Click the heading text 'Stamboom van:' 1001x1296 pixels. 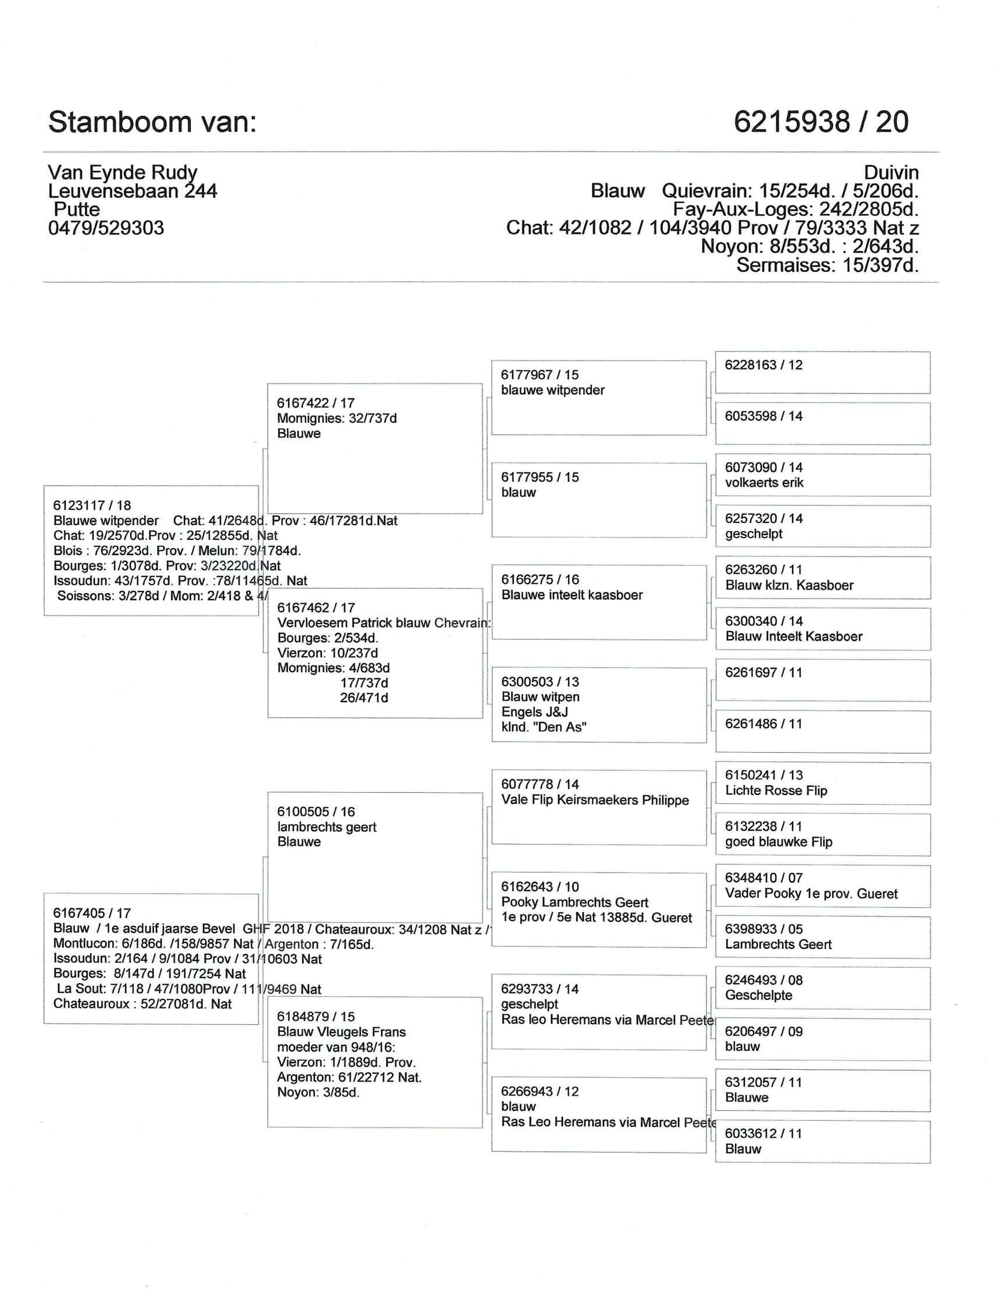pos(152,122)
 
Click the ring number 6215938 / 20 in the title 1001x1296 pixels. pos(821,122)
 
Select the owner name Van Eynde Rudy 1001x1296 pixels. pos(122,172)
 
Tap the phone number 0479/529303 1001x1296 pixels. pos(106,228)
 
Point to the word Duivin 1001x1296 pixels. pos(890,173)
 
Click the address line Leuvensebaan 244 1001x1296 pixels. pos(132,191)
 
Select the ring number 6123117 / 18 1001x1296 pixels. pos(92,505)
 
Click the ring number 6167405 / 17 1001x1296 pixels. pos(92,913)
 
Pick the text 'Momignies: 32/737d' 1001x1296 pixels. pos(336,418)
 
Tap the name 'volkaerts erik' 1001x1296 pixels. pos(764,482)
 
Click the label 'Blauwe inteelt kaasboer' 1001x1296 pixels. pos(572,594)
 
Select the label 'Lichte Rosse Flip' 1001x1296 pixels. pos(775,791)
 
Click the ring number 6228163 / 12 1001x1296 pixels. pos(763,365)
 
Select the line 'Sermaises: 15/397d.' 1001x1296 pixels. pos(827,265)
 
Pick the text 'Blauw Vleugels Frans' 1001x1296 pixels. pos(342,1032)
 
